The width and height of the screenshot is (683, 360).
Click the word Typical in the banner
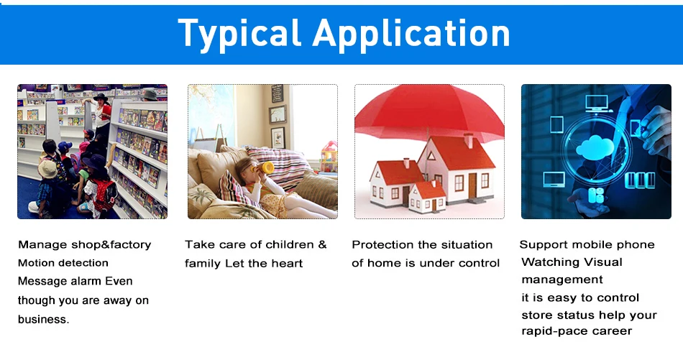239,34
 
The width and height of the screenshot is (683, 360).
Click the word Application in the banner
411,34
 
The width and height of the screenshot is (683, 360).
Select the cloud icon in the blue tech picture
595,147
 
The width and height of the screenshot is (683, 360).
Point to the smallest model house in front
427,197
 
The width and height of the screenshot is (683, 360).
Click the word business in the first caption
43,319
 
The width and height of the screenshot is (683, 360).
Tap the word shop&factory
111,244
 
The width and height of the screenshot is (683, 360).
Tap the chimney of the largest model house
468,141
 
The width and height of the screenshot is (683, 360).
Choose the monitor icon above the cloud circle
596,104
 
